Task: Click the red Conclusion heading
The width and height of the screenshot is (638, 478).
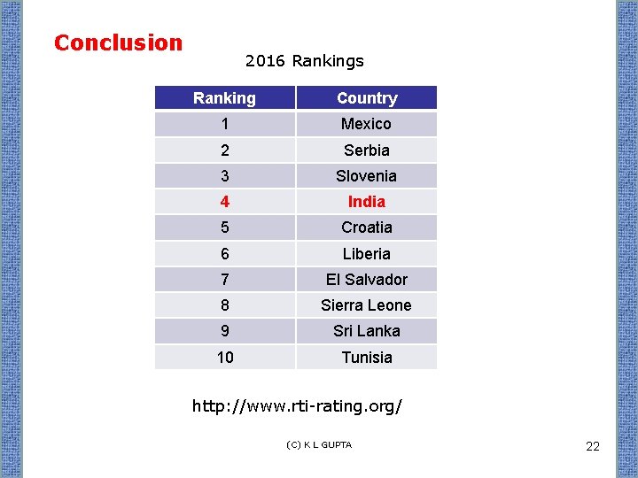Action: (118, 42)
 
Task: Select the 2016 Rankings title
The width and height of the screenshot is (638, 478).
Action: (304, 61)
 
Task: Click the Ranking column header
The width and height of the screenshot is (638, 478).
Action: (224, 98)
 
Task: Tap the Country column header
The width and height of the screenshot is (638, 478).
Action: (366, 98)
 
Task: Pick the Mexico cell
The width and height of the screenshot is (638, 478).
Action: (366, 124)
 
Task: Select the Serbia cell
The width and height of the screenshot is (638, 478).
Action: (366, 150)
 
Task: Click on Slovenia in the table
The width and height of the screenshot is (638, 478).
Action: (366, 176)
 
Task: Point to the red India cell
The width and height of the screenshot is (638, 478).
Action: (366, 202)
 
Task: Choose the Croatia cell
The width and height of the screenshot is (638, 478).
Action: (366, 227)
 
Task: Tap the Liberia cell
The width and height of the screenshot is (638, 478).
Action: (366, 254)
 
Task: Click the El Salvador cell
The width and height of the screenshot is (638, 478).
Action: (366, 280)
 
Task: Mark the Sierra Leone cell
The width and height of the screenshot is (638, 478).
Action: (366, 305)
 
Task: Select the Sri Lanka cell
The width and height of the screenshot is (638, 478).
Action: (366, 331)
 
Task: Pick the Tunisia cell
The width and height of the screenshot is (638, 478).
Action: (366, 358)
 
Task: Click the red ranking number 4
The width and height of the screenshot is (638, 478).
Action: (224, 202)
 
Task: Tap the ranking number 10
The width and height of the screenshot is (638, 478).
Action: (224, 358)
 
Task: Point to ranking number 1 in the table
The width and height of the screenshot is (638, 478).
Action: (224, 124)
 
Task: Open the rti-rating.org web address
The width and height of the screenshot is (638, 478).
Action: (298, 407)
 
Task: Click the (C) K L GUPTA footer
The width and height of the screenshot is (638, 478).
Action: (319, 444)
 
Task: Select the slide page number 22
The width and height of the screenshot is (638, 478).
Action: (593, 446)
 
